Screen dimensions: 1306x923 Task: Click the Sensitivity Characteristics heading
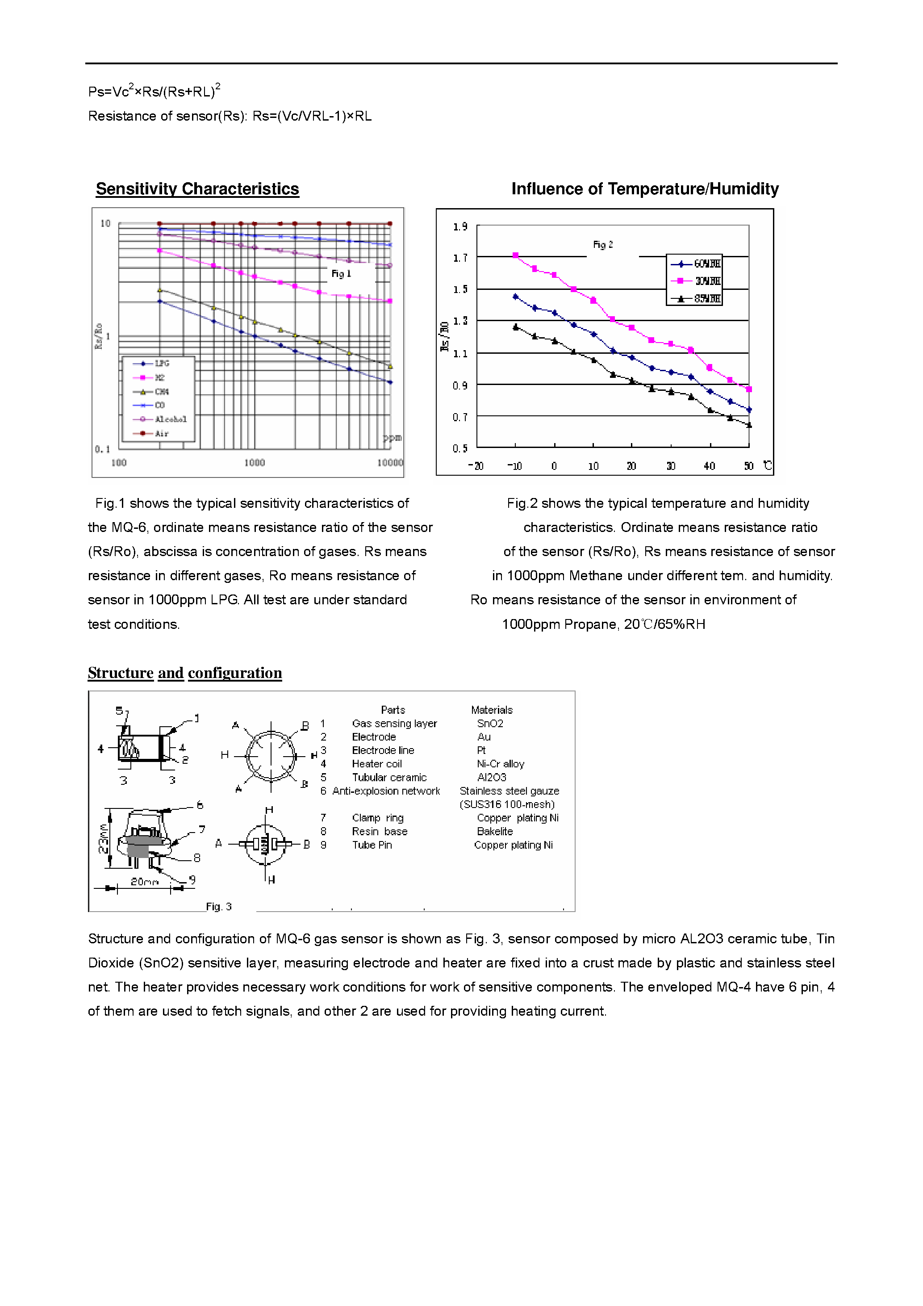coord(197,189)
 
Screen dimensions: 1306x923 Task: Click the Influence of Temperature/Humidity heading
coord(644,189)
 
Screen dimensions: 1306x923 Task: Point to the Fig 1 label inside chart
coord(341,274)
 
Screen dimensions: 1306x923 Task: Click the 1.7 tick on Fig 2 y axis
coord(460,258)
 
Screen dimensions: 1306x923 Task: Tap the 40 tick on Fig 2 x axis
coord(709,466)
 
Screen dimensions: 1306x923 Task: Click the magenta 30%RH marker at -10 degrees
coord(516,255)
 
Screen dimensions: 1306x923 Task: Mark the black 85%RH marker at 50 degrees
coord(749,425)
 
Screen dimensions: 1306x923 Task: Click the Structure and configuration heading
coord(185,673)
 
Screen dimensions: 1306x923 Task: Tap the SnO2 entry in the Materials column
coord(490,724)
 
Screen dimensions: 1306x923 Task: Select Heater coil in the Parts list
coord(376,764)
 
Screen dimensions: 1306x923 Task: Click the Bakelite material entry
coord(494,831)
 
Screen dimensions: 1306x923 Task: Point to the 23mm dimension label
coord(104,838)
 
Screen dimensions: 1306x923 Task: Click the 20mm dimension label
coord(144,882)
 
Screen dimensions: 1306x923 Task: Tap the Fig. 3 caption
coord(218,907)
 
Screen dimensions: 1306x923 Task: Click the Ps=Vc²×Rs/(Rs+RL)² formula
coord(154,91)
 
